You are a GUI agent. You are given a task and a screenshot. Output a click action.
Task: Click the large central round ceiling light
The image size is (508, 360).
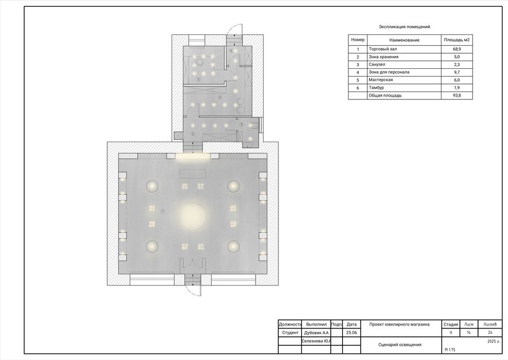pyautogui.click(x=193, y=216)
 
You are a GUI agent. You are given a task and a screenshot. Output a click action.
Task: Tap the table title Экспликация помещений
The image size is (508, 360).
pyautogui.click(x=404, y=27)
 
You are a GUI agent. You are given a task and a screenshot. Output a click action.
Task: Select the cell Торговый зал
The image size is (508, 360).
pyautogui.click(x=382, y=49)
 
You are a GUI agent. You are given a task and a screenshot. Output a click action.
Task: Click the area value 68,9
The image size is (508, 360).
pyautogui.click(x=457, y=49)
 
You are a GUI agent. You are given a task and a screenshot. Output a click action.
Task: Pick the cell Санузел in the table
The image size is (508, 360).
pyautogui.click(x=377, y=64)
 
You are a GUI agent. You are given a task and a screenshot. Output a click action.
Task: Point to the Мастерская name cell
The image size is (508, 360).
pyautogui.click(x=380, y=80)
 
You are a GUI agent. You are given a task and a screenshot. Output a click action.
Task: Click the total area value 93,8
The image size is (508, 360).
pyautogui.click(x=457, y=95)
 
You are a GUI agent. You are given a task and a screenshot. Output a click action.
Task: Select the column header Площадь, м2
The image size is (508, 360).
pyautogui.click(x=457, y=40)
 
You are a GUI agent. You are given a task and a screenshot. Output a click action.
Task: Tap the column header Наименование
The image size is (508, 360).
pyautogui.click(x=404, y=40)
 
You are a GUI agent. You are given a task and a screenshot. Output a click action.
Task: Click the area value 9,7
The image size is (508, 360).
pyautogui.click(x=457, y=72)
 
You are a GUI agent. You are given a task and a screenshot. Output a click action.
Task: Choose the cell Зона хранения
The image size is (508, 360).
pyautogui.click(x=384, y=56)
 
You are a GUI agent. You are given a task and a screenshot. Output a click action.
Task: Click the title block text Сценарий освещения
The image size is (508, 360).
pyautogui.click(x=400, y=345)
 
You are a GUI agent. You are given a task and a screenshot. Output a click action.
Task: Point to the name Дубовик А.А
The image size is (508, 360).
pyautogui.click(x=316, y=333)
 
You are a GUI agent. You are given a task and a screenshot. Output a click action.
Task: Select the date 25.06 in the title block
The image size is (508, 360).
pyautogui.click(x=352, y=333)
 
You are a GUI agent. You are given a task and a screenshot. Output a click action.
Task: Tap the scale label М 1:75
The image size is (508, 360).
pyautogui.click(x=450, y=350)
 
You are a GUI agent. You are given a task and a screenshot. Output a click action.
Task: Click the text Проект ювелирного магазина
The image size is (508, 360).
pyautogui.click(x=400, y=324)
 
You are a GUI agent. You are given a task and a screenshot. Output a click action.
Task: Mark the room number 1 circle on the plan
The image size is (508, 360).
pyautogui.click(x=163, y=212)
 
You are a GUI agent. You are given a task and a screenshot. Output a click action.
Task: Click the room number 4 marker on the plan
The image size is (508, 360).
pyautogui.click(x=220, y=97)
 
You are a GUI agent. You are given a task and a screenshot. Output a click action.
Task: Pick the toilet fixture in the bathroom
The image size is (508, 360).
pyautogui.click(x=254, y=126)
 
